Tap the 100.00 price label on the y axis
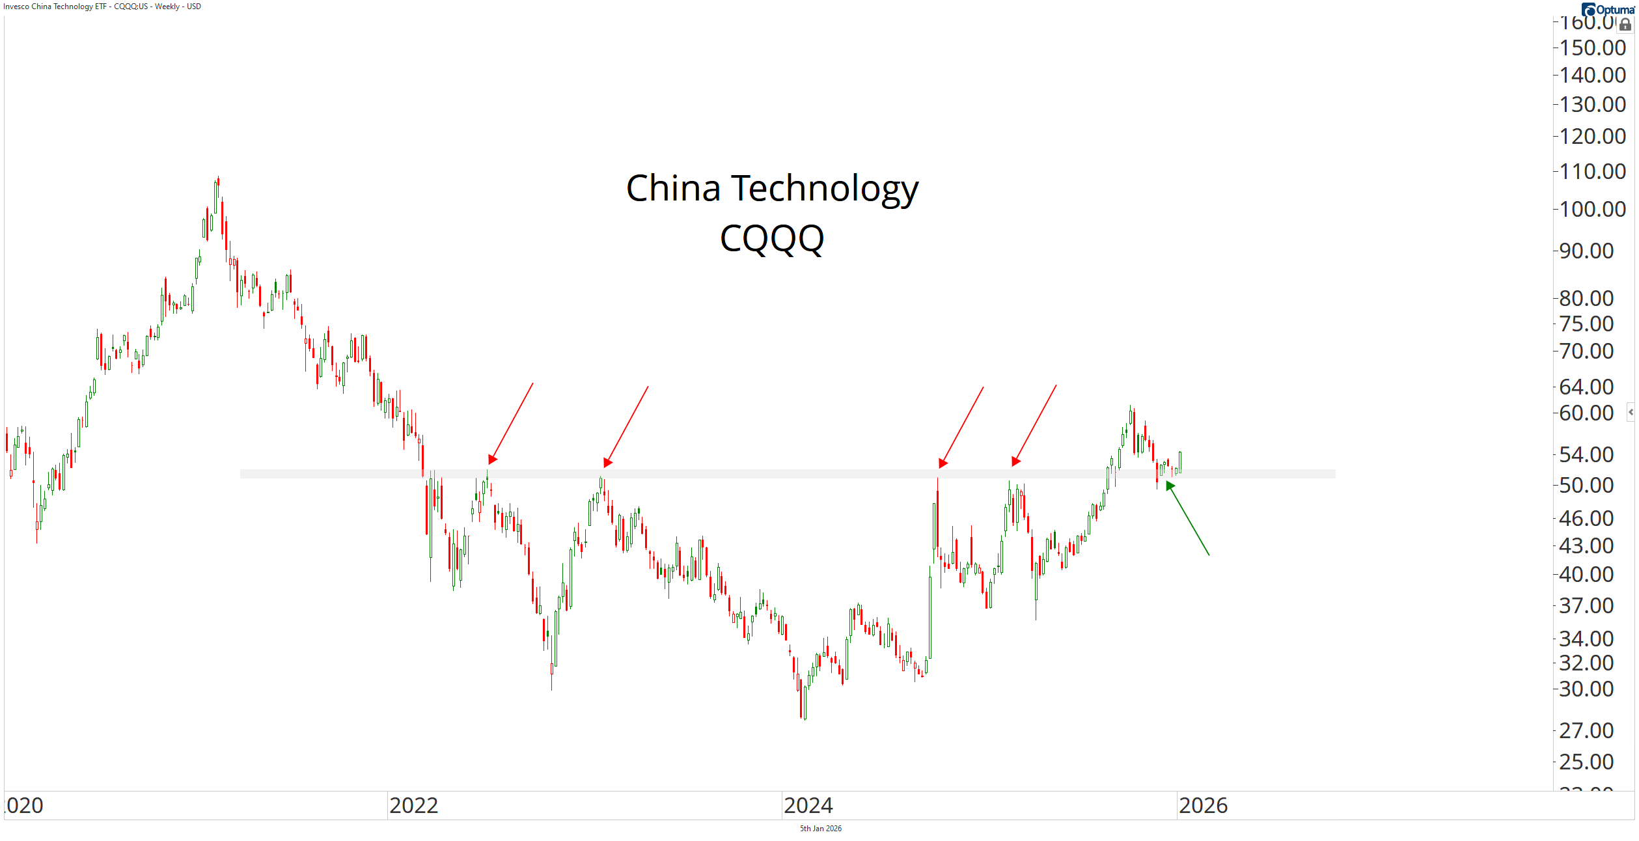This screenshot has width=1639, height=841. click(x=1592, y=210)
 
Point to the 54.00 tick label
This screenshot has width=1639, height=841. click(x=1586, y=454)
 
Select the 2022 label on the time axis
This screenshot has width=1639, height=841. click(x=413, y=806)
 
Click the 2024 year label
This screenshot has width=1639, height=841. click(x=808, y=806)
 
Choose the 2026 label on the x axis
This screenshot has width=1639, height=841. click(x=1203, y=806)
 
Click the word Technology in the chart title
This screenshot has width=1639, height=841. click(x=825, y=189)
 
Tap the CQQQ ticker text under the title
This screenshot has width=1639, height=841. click(x=772, y=239)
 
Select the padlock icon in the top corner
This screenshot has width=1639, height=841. click(x=1625, y=25)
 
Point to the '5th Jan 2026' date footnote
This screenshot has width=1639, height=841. click(x=820, y=829)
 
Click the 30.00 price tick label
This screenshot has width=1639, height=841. click(x=1586, y=689)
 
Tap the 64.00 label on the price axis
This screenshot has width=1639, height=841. click(x=1586, y=387)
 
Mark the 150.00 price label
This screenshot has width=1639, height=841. click(x=1592, y=48)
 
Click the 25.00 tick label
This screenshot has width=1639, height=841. click(x=1586, y=762)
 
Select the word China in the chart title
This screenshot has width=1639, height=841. click(x=673, y=189)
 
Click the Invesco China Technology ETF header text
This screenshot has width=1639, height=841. click(x=102, y=7)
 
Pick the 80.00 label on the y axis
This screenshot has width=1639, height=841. click(x=1586, y=298)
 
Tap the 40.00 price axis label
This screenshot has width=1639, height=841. click(x=1586, y=574)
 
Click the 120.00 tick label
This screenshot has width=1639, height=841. click(x=1592, y=137)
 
